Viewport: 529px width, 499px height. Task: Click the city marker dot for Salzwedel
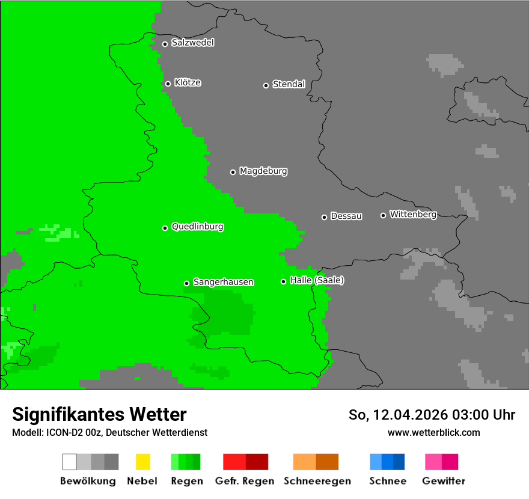(x=165, y=44)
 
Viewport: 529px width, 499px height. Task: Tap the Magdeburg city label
(x=263, y=171)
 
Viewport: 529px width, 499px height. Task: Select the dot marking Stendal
(x=266, y=85)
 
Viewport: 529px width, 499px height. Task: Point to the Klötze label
(x=188, y=83)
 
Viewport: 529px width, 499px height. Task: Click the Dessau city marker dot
(x=324, y=217)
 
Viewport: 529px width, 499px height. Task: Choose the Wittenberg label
(x=413, y=215)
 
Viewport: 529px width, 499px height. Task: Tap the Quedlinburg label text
(x=197, y=227)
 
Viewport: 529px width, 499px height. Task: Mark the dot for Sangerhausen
(x=186, y=283)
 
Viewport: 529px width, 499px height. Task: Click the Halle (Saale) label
(x=317, y=281)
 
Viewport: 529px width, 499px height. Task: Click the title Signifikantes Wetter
(x=99, y=414)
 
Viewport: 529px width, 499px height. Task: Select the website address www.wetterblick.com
(x=433, y=432)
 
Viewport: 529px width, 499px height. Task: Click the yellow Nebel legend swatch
(x=142, y=462)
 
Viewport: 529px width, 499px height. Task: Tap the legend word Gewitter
(x=443, y=481)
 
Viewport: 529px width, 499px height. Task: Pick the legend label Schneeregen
(x=316, y=481)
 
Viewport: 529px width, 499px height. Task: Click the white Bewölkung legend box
(x=69, y=462)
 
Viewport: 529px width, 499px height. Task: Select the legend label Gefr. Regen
(x=245, y=481)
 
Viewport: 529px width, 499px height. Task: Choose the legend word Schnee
(x=387, y=481)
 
